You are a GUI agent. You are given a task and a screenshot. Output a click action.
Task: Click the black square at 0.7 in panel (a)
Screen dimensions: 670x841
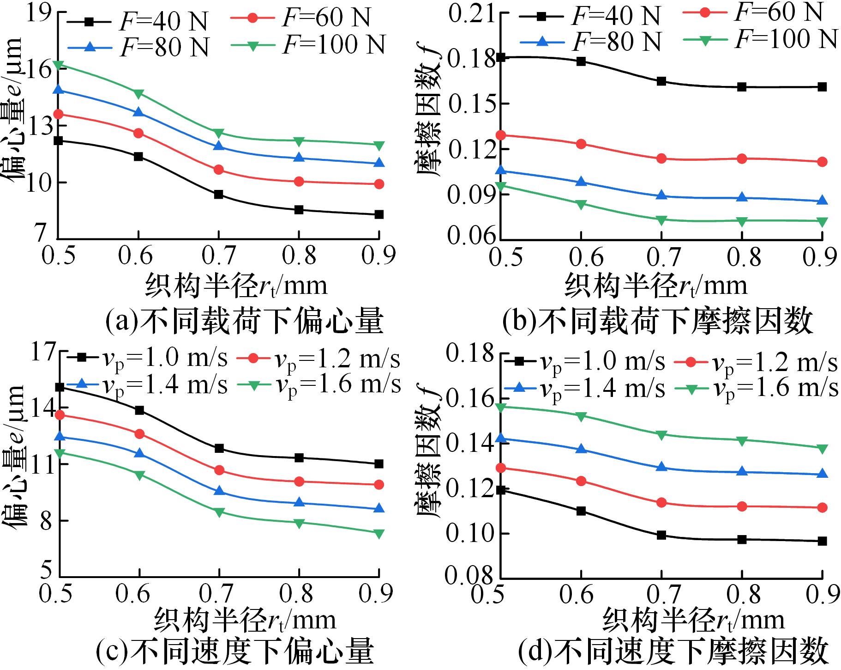[219, 195]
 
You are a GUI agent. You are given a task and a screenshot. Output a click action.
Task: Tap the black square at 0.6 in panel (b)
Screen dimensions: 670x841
[581, 61]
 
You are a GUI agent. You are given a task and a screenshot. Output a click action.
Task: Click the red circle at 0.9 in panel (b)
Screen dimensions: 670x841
[822, 162]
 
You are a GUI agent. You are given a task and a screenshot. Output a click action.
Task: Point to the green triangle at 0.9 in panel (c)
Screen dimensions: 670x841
[379, 533]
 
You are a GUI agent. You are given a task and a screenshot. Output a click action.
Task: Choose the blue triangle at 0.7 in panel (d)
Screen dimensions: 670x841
[661, 467]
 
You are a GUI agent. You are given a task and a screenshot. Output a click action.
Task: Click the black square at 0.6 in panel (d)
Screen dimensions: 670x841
[581, 511]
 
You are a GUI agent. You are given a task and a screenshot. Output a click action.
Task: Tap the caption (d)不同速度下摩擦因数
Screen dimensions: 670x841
[672, 652]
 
